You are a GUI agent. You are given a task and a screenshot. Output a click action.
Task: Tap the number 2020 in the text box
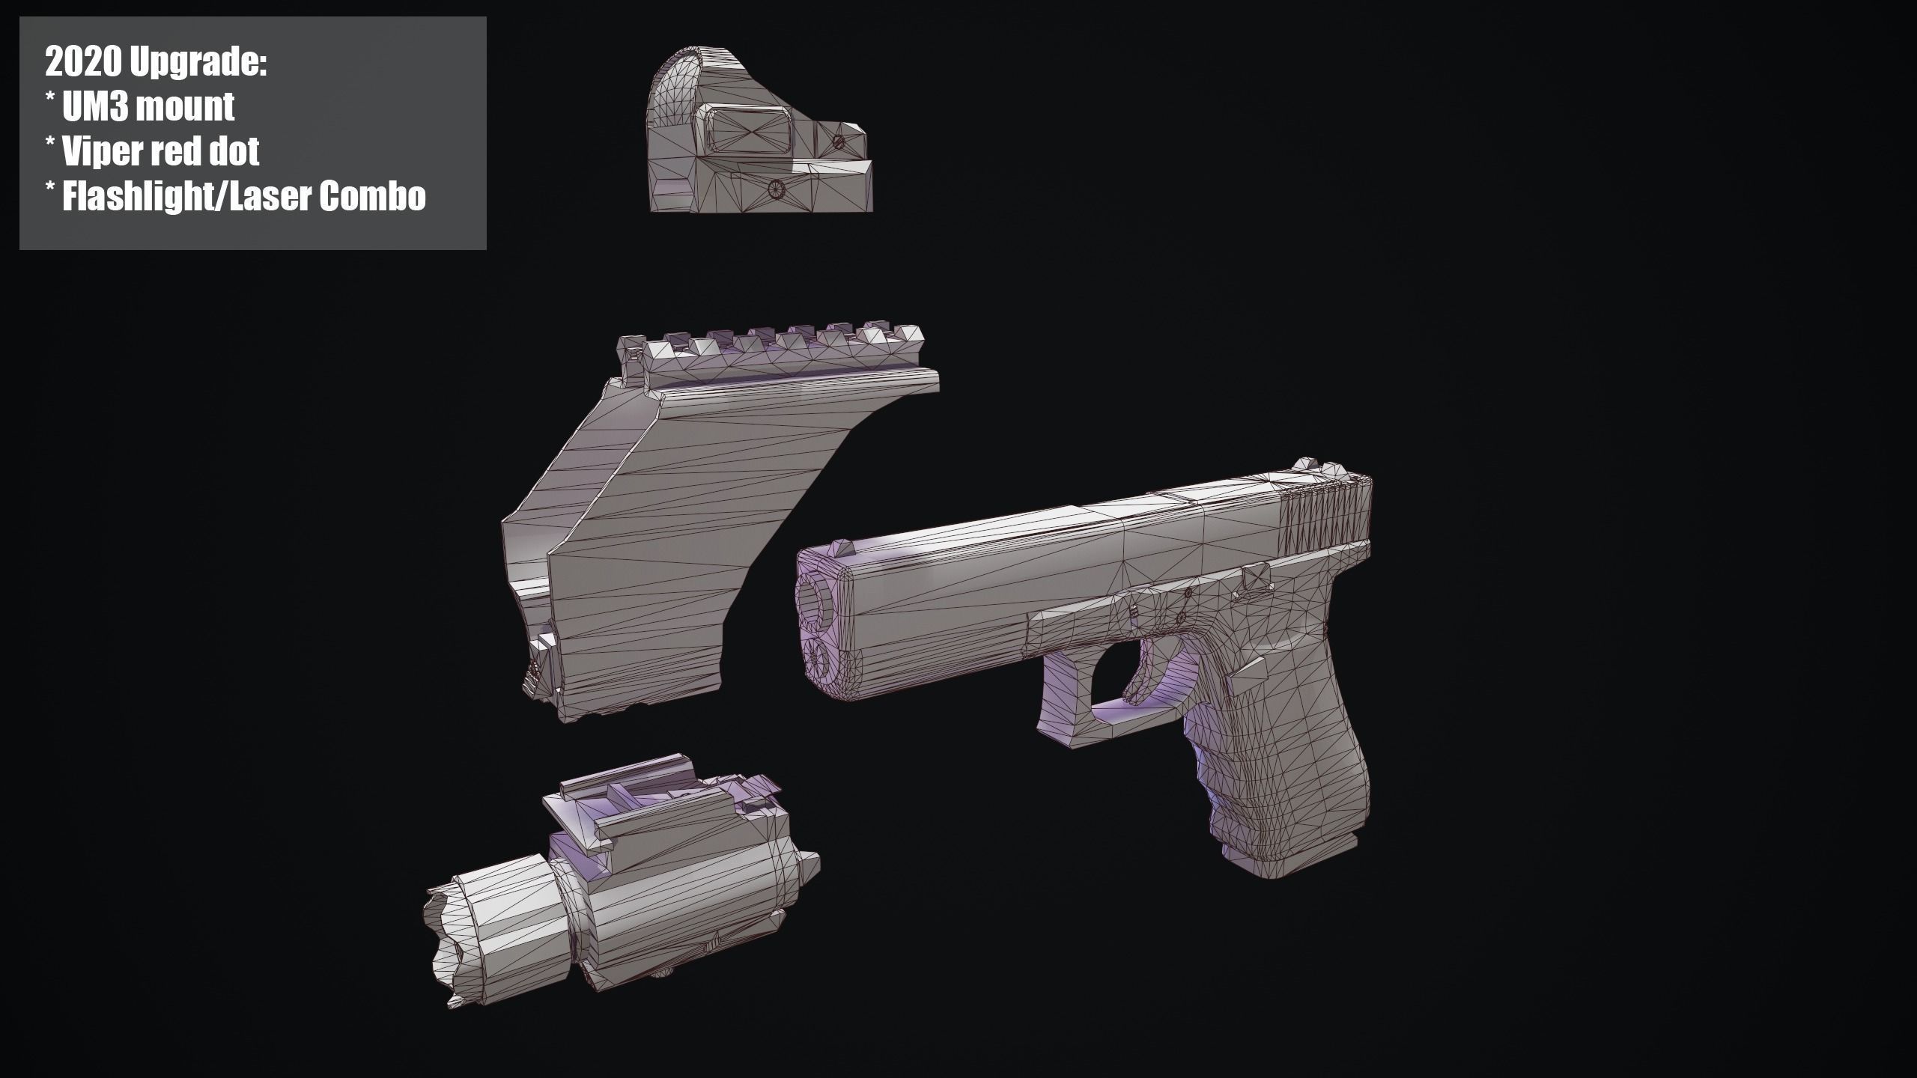(x=83, y=63)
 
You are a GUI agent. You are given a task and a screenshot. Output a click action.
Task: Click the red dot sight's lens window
(x=749, y=135)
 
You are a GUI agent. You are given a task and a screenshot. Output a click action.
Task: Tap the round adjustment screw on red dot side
(x=775, y=190)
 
